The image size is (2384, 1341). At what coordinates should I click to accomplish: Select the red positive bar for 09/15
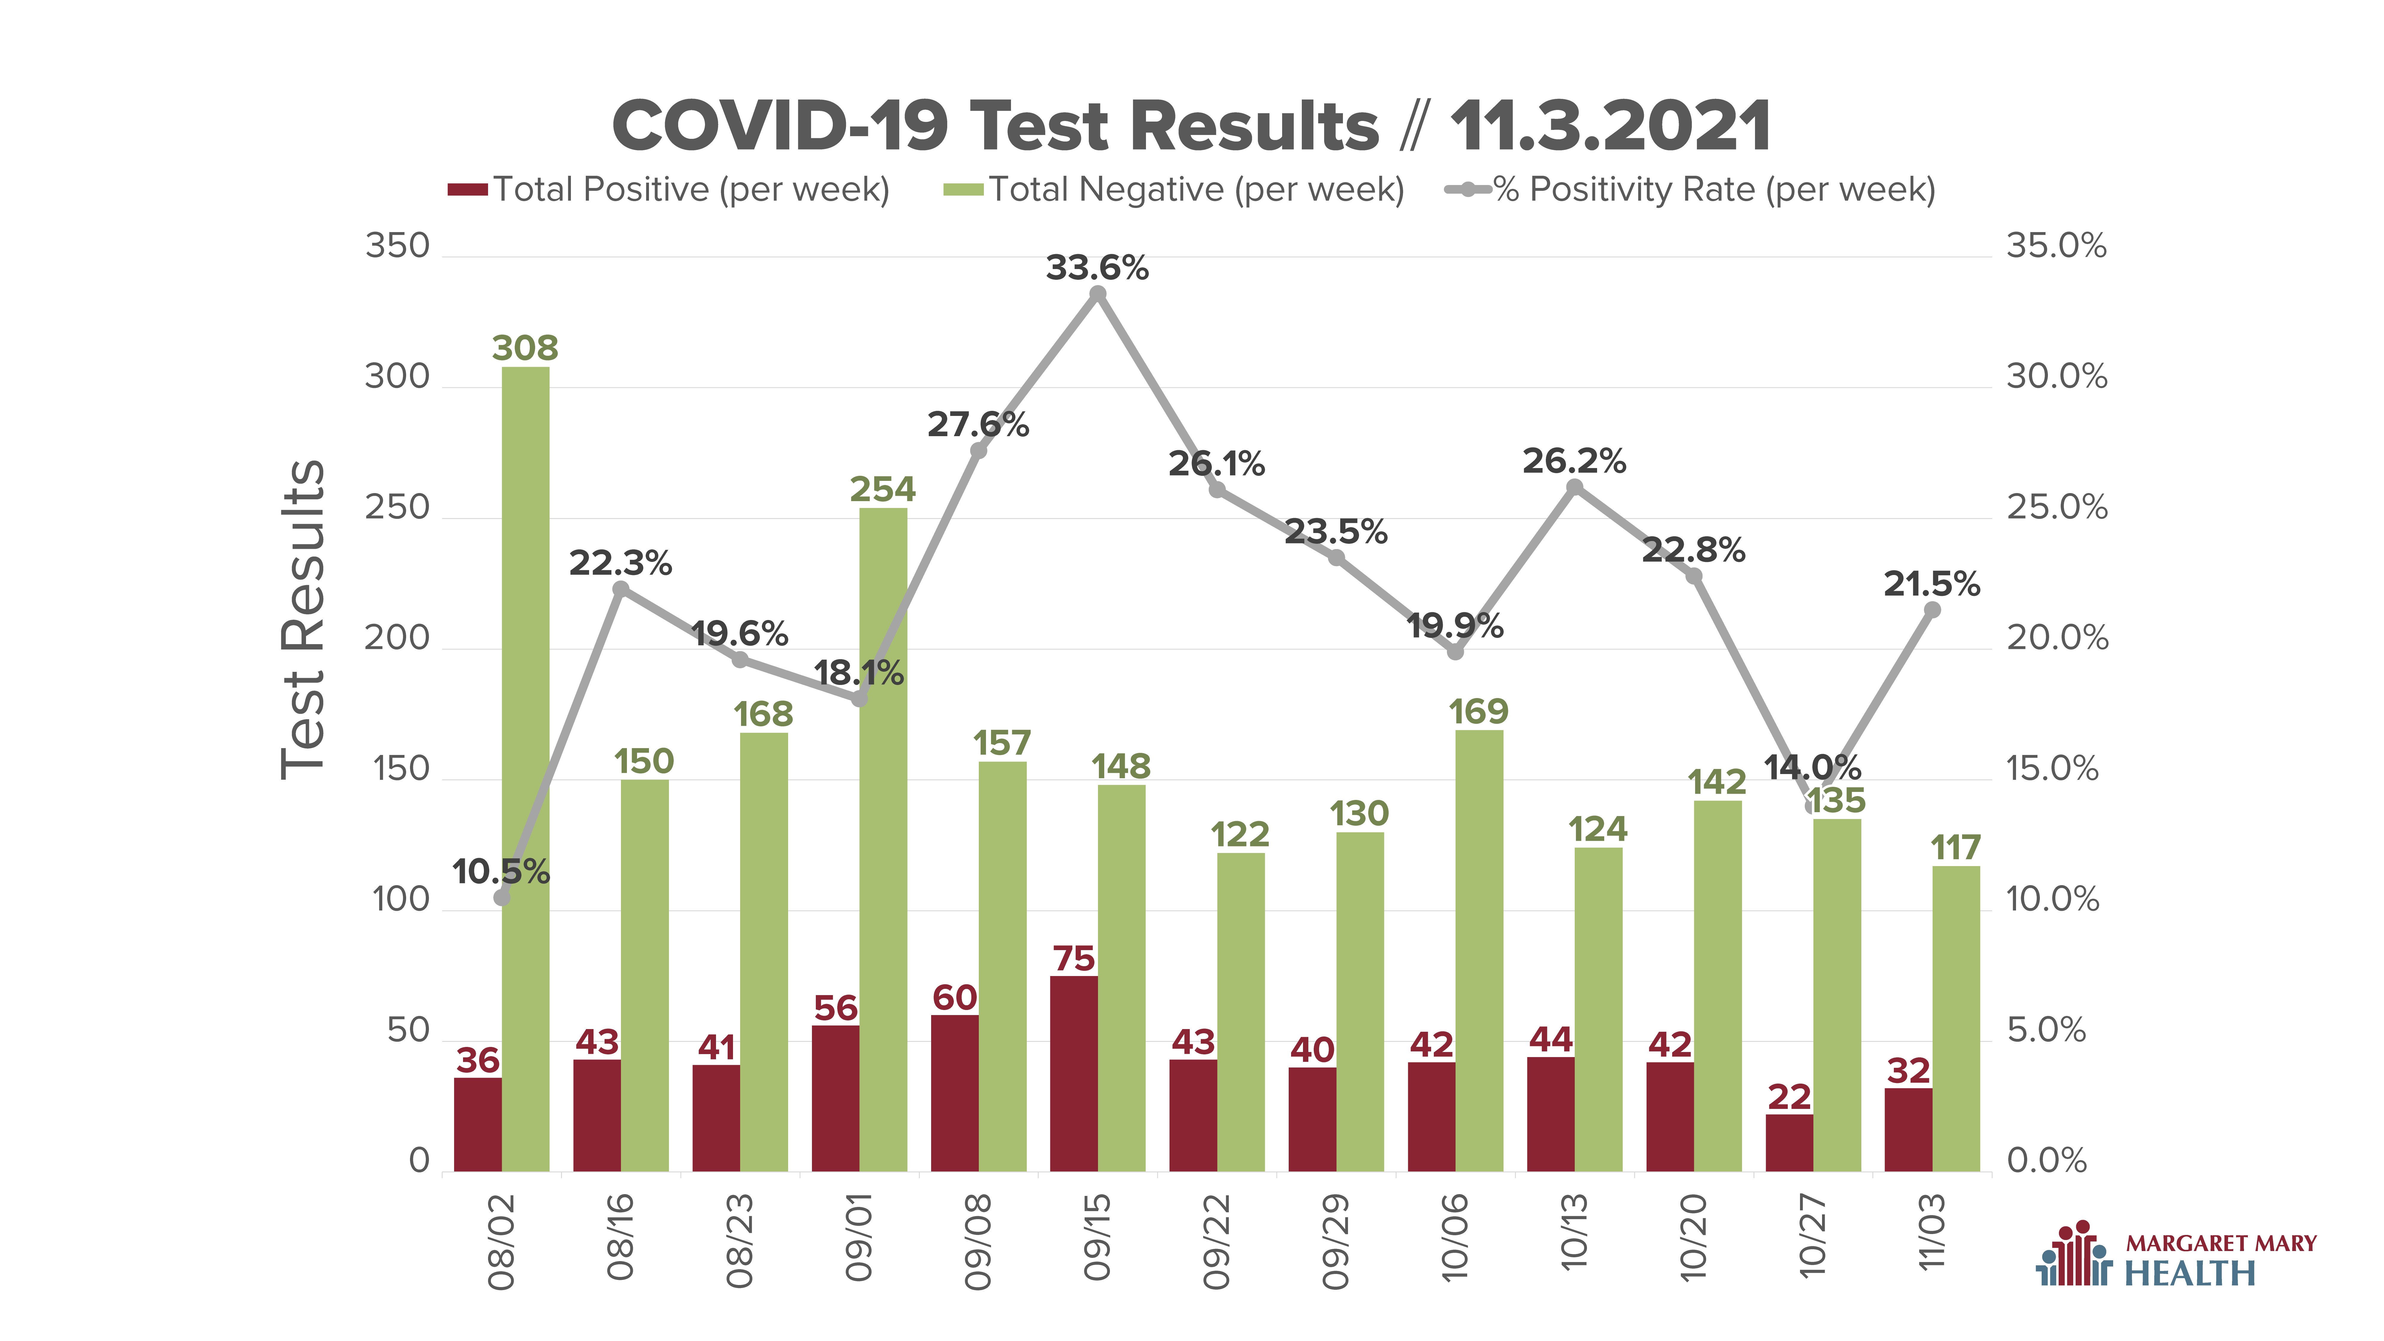point(1074,1073)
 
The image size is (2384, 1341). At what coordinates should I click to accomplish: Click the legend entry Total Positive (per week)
point(668,190)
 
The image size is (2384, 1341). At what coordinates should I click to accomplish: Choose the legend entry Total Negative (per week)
point(1173,190)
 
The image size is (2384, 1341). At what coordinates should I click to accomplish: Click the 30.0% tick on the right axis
point(2056,377)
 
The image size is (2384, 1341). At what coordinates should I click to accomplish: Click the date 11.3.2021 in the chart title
point(1610,127)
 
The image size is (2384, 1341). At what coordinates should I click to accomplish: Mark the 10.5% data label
point(501,872)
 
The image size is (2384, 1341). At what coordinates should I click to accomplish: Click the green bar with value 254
point(883,839)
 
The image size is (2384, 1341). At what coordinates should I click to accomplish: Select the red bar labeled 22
point(1789,1143)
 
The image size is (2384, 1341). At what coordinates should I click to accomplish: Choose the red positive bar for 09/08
point(954,1093)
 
